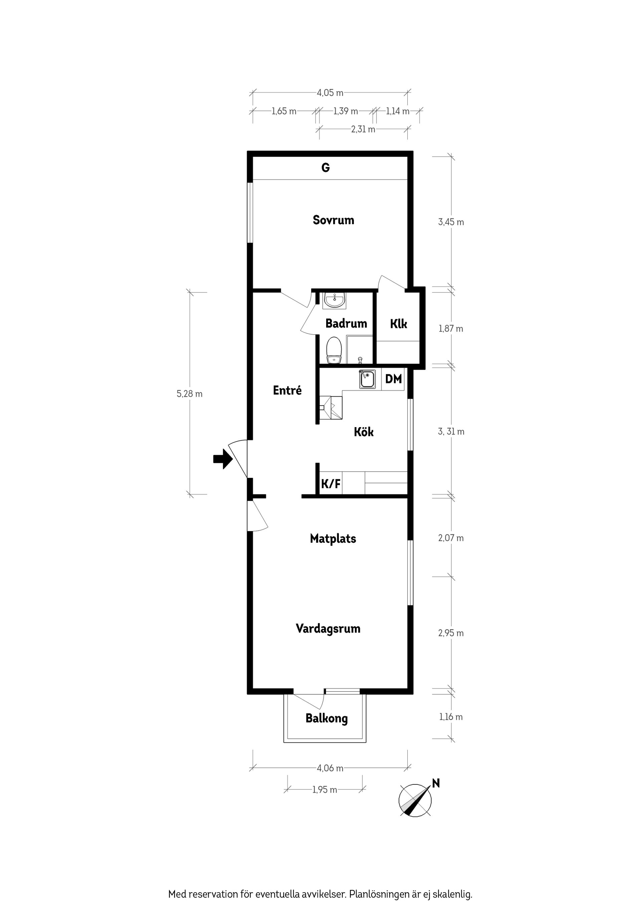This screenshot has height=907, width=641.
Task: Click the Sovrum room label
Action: click(x=333, y=220)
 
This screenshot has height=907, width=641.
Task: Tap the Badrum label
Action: click(x=346, y=324)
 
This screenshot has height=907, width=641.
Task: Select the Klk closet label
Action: click(x=399, y=324)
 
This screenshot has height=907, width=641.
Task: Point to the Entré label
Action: click(x=287, y=390)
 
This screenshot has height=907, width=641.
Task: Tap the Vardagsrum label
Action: click(x=328, y=628)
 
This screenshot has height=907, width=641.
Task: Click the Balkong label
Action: click(x=327, y=719)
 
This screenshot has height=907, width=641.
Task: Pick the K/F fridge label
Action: click(x=331, y=484)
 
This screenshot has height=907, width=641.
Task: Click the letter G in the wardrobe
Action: click(x=326, y=168)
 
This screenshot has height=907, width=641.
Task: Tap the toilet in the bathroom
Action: click(x=334, y=350)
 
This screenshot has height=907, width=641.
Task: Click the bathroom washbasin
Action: click(x=335, y=300)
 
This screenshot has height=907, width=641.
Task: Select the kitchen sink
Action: click(x=367, y=380)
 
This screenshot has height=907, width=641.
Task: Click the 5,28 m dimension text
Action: click(x=190, y=394)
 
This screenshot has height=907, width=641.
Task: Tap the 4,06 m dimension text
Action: click(x=330, y=768)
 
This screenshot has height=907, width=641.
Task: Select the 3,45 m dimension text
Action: click(x=451, y=222)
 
